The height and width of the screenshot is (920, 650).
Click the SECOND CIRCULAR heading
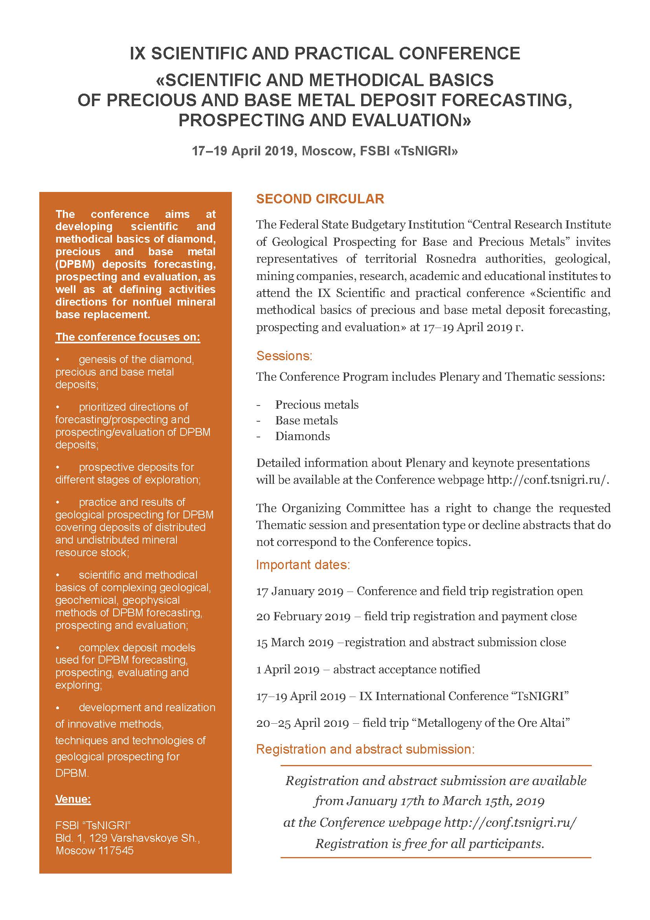320,199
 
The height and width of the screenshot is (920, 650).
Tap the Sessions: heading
284,356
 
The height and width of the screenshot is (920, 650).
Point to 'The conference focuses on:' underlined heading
128,337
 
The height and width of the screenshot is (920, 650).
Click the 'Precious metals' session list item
317,405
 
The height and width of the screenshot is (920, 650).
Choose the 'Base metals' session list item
306,420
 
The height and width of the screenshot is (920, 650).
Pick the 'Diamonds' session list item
302,436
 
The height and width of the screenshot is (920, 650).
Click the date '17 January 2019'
299,592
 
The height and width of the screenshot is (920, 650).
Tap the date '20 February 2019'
303,616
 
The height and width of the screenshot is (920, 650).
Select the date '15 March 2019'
295,642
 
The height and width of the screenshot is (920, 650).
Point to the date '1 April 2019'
287,669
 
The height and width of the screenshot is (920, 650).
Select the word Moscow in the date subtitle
325,151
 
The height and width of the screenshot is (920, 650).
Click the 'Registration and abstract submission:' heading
365,749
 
